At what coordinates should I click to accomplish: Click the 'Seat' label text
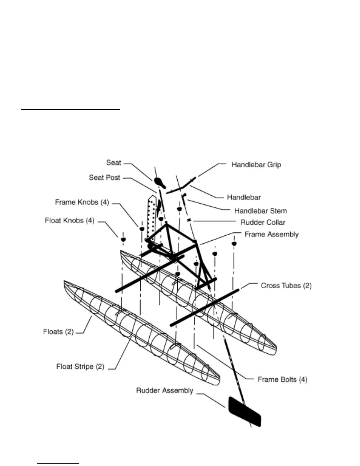tap(114, 163)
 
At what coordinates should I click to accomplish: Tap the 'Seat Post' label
tap(104, 178)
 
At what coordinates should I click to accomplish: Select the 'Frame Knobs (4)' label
tap(82, 202)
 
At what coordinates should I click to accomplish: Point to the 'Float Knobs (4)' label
tap(69, 221)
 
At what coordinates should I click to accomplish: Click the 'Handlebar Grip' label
tap(256, 165)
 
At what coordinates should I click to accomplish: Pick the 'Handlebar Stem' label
tap(260, 211)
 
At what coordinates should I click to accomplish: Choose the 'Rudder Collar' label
tap(263, 223)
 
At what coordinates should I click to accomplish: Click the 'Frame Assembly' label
tap(271, 234)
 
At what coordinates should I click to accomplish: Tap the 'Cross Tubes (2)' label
tap(286, 286)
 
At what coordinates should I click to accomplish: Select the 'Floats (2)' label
tap(58, 332)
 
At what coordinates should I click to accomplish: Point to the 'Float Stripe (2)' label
tap(80, 367)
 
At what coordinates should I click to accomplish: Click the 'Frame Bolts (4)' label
tap(282, 380)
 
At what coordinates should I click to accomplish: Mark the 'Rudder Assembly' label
tap(164, 391)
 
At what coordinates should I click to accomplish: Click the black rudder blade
tap(245, 412)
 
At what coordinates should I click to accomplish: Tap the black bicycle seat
tap(160, 182)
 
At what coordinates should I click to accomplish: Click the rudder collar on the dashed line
tap(189, 220)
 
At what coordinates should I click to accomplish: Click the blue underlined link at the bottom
tap(58, 463)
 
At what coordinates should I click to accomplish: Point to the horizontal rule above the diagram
tap(71, 109)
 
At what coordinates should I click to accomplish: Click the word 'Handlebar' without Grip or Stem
tap(244, 197)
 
